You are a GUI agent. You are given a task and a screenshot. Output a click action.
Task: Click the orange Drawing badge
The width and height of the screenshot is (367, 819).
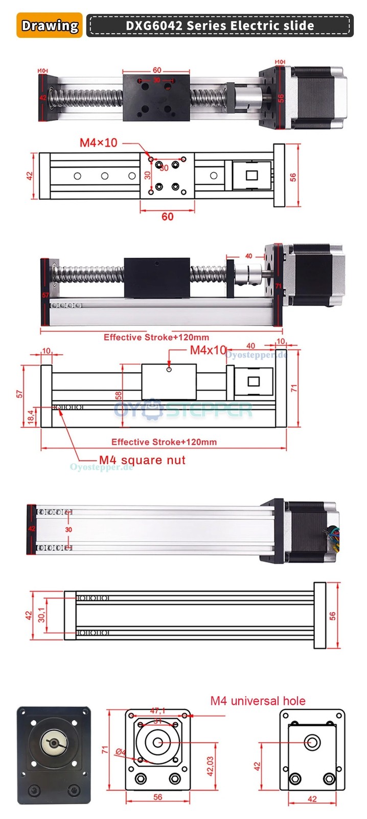pos(50,26)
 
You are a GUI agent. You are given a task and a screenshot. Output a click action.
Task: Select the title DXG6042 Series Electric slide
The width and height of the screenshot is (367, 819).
pos(220,26)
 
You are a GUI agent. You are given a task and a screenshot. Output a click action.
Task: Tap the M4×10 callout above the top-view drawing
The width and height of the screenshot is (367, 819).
pos(98,142)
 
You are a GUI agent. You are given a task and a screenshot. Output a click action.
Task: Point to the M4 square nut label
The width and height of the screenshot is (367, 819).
pos(142,460)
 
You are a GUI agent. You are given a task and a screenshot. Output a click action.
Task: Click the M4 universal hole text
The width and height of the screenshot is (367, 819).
pos(258,701)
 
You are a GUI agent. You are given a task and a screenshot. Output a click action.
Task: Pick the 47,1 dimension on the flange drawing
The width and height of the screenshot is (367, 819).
pos(157,710)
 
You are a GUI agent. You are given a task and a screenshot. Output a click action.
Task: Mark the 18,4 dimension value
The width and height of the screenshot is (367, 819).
pos(31,416)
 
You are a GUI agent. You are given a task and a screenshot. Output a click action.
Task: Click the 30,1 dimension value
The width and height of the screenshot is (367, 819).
pos(42,612)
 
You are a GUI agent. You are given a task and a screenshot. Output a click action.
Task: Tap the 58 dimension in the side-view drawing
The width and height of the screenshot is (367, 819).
pos(119,396)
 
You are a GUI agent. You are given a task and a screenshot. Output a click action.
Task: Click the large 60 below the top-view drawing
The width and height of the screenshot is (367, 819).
pos(167,217)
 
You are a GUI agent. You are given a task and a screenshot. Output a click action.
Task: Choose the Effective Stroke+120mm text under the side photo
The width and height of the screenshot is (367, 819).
pos(156,337)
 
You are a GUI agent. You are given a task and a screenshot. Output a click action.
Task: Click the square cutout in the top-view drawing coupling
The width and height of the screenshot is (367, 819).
pos(252,176)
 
